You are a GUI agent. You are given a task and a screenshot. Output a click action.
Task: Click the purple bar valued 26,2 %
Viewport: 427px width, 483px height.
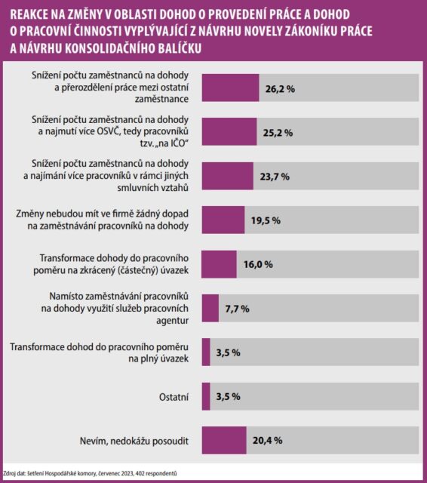[230, 88]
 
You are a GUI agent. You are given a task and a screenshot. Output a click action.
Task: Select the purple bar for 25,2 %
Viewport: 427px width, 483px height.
[229, 131]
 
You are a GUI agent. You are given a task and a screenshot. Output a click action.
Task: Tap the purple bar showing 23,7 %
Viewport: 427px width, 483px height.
[228, 176]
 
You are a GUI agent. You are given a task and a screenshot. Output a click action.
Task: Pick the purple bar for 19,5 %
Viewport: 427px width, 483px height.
[223, 220]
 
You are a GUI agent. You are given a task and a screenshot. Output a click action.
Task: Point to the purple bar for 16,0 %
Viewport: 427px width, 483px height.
[220, 264]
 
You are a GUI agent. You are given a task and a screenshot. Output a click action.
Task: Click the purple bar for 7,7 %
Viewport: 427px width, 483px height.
[210, 308]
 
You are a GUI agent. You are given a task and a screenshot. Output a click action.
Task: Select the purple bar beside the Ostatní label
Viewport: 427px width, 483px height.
[206, 396]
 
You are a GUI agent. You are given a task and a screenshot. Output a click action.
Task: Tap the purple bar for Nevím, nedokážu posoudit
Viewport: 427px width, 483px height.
[224, 440]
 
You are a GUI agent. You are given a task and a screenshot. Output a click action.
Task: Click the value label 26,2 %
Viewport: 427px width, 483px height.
[280, 89]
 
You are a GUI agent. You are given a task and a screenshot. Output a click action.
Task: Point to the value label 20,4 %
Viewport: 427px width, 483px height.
[268, 441]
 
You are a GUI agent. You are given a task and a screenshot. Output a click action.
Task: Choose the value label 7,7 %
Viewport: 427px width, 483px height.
[237, 309]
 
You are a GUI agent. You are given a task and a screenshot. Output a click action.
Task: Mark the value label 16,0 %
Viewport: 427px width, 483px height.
[258, 265]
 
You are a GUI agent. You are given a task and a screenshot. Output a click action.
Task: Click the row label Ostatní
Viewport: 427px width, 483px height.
[174, 397]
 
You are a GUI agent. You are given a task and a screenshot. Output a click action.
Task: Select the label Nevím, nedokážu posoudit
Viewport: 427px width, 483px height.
[134, 441]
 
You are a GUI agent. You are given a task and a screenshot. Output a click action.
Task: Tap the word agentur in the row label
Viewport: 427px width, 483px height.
[173, 321]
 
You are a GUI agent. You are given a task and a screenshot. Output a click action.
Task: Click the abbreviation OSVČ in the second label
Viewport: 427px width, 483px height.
[108, 131]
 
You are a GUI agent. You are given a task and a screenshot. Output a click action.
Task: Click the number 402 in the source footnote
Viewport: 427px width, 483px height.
[139, 473]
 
